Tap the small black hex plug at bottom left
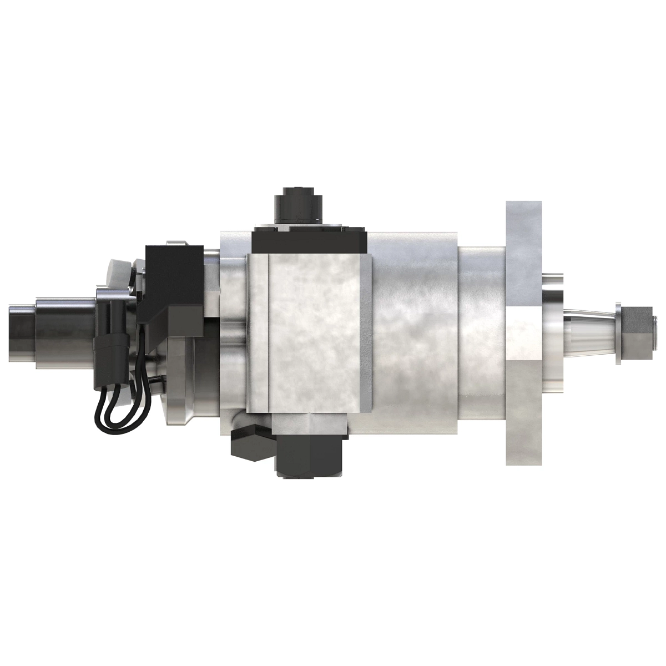(251, 444)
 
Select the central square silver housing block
(308, 333)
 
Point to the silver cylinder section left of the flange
(483, 333)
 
